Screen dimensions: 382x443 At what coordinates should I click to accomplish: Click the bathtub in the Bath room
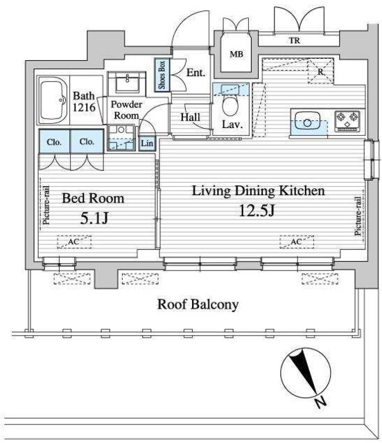click(54, 100)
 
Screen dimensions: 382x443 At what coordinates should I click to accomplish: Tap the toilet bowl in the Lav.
click(230, 106)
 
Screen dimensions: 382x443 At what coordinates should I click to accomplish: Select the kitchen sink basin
click(307, 121)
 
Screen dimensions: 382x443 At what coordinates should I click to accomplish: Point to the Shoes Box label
click(162, 75)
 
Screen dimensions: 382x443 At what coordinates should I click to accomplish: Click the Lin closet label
click(147, 143)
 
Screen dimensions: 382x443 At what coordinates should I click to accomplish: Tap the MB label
click(236, 54)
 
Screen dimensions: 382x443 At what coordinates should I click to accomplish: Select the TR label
click(295, 41)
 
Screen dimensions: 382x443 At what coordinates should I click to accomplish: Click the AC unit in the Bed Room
click(74, 242)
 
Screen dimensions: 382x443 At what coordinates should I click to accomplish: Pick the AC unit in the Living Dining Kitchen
click(297, 242)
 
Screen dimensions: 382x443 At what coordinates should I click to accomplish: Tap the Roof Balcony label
click(198, 305)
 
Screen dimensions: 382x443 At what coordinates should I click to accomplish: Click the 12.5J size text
click(257, 210)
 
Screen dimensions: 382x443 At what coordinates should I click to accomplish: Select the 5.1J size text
click(94, 218)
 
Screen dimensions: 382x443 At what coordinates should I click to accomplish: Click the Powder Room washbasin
click(127, 82)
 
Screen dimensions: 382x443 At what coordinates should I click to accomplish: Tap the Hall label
click(191, 117)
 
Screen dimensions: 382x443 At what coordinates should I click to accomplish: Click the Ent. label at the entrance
click(196, 73)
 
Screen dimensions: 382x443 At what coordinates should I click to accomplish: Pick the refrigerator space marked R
click(320, 71)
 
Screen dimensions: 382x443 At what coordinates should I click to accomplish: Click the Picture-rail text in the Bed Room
click(46, 205)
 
